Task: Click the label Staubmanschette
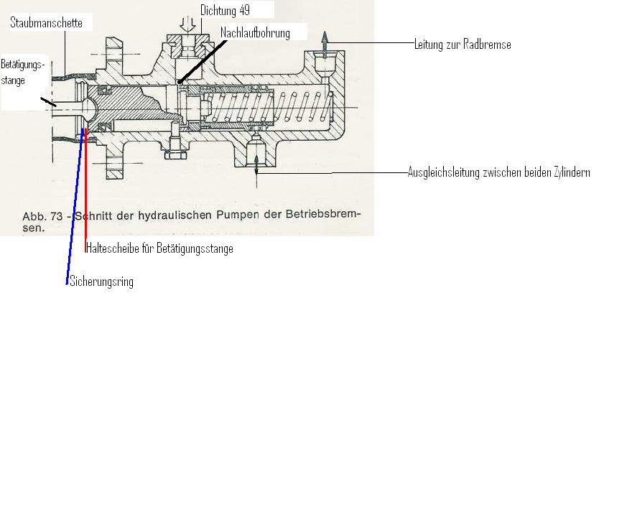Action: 46,23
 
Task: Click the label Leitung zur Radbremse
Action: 463,45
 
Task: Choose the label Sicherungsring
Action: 101,282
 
